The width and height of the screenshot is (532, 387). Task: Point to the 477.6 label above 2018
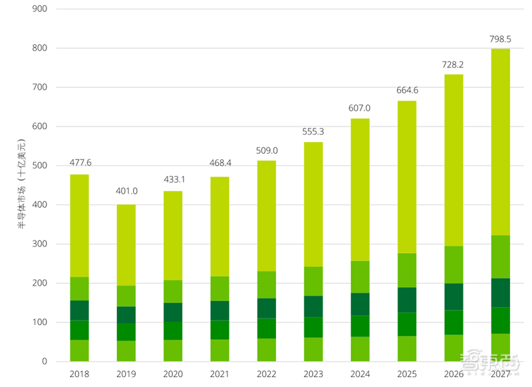79,164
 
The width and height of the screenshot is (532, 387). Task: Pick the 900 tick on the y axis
40,9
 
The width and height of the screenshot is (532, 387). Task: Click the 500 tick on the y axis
40,166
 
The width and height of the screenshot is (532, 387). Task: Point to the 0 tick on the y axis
44,362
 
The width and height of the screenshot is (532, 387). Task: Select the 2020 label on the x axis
173,374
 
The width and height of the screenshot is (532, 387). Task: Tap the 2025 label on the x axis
407,374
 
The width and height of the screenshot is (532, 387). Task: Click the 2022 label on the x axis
267,374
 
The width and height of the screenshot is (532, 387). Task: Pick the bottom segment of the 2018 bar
79,351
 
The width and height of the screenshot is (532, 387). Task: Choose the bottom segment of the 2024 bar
360,349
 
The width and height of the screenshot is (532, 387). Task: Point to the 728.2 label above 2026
454,65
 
